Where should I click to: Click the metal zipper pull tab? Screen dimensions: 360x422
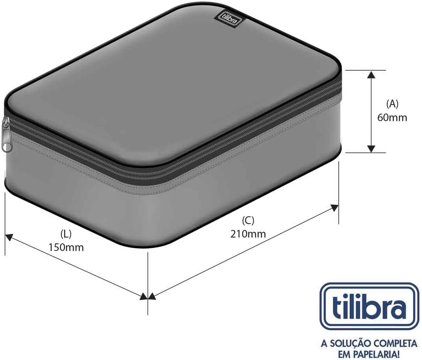tap(7, 134)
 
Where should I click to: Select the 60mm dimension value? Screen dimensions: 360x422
tap(392, 118)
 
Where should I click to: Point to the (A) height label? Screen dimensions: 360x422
tap(392, 104)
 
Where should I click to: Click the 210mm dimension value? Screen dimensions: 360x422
tap(248, 233)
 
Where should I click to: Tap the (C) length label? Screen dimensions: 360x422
tap(248, 220)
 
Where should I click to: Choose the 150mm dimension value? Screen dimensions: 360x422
tap(66, 247)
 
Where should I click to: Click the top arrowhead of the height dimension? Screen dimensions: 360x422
tap(371, 74)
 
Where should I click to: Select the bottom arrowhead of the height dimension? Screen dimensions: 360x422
tap(371, 148)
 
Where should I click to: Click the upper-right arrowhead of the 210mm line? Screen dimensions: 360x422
tap(335, 208)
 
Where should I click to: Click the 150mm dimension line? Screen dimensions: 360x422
tap(75, 266)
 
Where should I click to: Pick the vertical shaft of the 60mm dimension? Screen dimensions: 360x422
tap(371, 111)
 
